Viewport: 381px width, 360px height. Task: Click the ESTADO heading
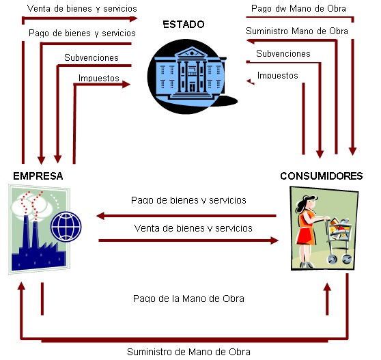pos(184,25)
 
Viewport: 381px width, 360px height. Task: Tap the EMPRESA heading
pos(38,176)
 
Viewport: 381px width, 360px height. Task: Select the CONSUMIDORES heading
pos(321,176)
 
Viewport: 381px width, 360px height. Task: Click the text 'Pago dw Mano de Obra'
pos(298,8)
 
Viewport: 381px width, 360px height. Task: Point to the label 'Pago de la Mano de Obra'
pos(188,299)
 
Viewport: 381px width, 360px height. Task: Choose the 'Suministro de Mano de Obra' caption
pos(188,352)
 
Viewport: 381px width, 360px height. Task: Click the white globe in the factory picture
pos(66,226)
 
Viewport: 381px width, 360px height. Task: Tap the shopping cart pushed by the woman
pos(339,240)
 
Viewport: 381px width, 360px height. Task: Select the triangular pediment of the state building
pos(192,53)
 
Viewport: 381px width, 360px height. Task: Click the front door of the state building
pos(192,87)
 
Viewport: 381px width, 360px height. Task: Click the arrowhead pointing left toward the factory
pos(100,216)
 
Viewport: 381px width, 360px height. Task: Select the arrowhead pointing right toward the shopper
pos(274,240)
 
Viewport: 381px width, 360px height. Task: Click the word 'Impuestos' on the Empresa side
pos(98,79)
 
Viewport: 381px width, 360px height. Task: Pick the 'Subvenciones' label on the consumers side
pos(283,53)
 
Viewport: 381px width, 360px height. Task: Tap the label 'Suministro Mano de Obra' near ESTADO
pos(297,31)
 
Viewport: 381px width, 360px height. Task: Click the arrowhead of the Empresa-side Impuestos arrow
pos(126,84)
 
